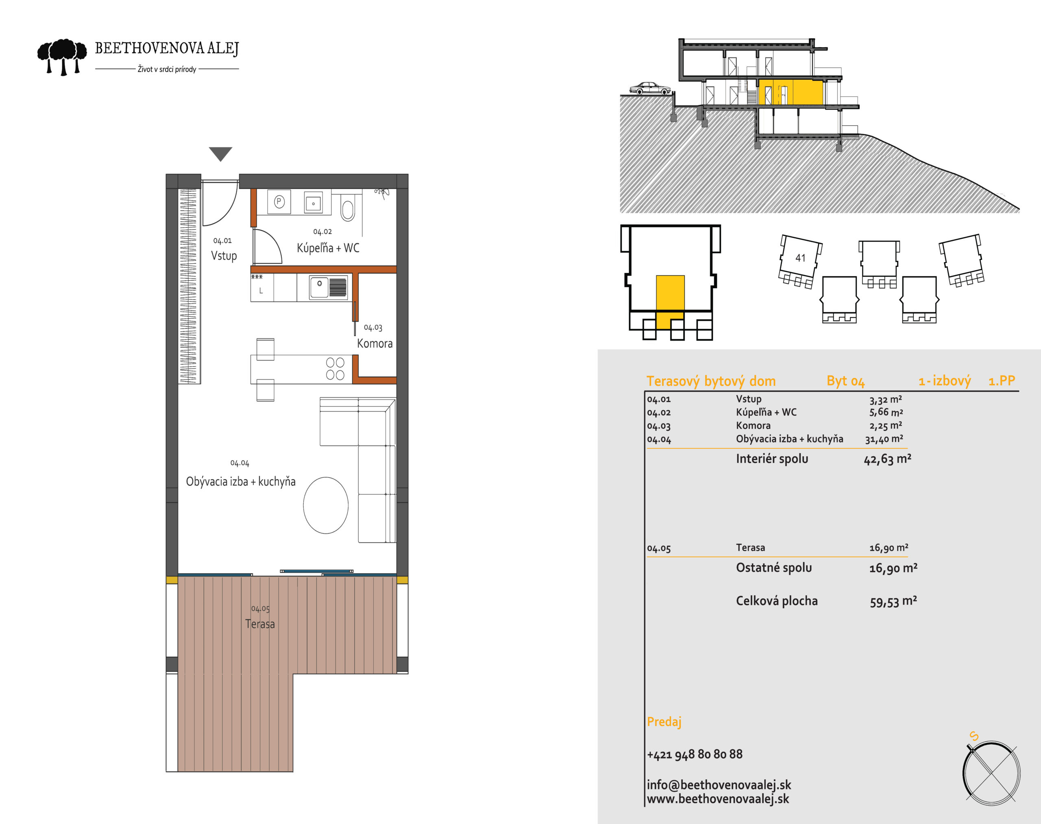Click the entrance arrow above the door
click(220, 154)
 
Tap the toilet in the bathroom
click(347, 208)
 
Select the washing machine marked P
click(279, 202)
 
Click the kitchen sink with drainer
click(328, 287)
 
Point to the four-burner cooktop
click(335, 369)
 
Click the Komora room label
click(375, 343)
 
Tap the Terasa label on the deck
click(260, 624)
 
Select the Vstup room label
click(224, 256)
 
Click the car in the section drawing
click(650, 88)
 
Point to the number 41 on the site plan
click(800, 258)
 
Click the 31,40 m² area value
click(884, 439)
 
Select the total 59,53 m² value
click(893, 601)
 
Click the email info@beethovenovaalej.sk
click(719, 785)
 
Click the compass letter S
click(973, 736)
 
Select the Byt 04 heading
click(846, 381)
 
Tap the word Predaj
click(664, 722)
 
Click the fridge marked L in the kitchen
click(262, 288)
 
